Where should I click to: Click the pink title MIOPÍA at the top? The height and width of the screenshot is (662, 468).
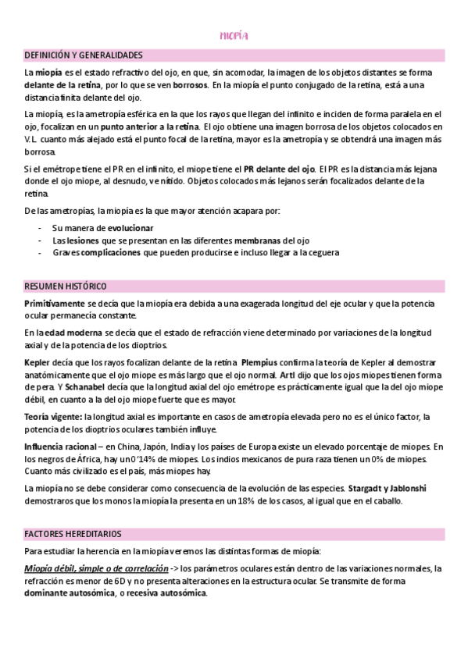[234, 36]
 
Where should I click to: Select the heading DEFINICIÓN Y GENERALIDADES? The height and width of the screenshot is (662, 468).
[83, 55]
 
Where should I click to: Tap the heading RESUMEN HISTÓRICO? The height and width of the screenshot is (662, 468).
[66, 287]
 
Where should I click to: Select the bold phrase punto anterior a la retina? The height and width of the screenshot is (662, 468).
[150, 126]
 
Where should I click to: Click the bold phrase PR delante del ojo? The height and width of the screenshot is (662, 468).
[279, 168]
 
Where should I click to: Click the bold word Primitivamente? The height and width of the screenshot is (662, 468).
[53, 302]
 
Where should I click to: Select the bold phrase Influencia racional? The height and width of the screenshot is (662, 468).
[60, 447]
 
